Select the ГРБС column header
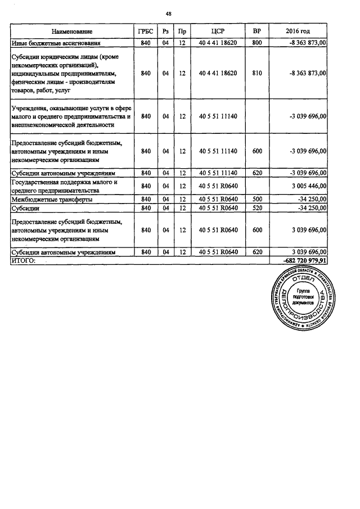click(145, 31)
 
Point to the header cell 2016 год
click(298, 31)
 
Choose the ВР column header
click(257, 31)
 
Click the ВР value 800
click(257, 42)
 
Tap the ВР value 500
click(257, 199)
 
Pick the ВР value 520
click(257, 208)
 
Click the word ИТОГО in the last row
click(24, 261)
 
